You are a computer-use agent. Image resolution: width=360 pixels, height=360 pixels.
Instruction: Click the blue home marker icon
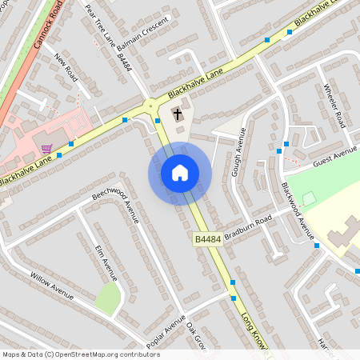(x=180, y=172)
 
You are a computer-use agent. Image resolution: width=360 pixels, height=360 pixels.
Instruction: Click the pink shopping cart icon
(x=47, y=149)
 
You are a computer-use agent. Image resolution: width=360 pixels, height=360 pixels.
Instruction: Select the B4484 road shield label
(x=206, y=239)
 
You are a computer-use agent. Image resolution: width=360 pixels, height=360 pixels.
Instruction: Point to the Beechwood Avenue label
(x=115, y=204)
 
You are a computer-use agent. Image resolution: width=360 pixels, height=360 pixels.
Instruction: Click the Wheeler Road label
(x=333, y=104)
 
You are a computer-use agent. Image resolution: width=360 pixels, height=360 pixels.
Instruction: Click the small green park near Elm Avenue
(x=107, y=298)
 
